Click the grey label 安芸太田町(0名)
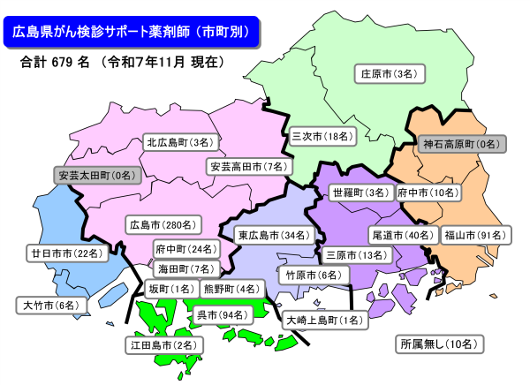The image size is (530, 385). coord(98,176)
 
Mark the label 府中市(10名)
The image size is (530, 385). coord(428,192)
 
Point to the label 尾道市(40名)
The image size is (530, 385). coord(403,235)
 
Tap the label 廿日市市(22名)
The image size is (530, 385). coord(66,253)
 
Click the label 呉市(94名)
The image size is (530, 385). coord(219,314)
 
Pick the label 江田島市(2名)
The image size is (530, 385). coord(162,344)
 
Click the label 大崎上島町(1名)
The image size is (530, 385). coord(322,321)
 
